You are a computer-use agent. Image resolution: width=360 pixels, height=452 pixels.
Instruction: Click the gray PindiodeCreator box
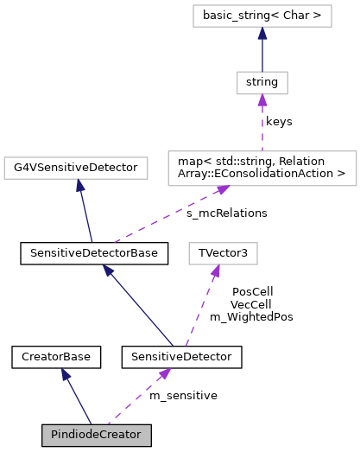tap(97, 435)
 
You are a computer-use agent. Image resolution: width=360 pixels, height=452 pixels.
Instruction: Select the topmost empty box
tap(262, 16)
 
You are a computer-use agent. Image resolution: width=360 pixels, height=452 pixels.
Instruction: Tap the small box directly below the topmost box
tap(262, 83)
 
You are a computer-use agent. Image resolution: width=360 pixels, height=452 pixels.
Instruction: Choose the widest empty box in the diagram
tap(262, 168)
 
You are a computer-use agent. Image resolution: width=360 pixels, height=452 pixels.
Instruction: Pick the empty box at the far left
tap(76, 168)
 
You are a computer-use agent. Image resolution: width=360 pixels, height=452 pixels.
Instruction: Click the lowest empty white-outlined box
tap(223, 253)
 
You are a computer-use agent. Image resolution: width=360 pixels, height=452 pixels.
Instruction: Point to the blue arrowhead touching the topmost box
tap(262, 33)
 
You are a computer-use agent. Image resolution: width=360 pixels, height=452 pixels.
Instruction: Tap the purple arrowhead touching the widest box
tap(222, 189)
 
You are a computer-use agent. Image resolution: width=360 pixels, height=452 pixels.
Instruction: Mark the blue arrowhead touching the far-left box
tap(79, 185)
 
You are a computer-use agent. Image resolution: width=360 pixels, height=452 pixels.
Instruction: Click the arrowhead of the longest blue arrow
tap(108, 271)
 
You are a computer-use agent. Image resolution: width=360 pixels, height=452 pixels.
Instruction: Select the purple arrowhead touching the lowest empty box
tap(215, 271)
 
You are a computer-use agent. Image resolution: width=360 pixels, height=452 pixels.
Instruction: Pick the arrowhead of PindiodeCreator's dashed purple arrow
tap(164, 373)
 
